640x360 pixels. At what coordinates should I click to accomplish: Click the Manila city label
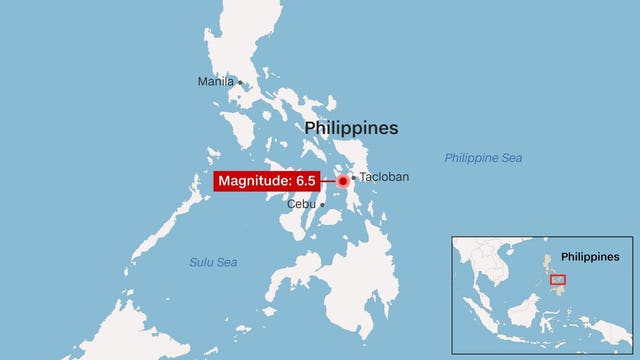[215, 81]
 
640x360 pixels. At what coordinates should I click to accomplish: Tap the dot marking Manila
[240, 82]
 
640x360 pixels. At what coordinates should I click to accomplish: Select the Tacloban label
[384, 177]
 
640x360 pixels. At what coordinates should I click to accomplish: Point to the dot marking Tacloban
[354, 178]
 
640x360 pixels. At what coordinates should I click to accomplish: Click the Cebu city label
[301, 204]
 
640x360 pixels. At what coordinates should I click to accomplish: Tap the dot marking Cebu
[322, 205]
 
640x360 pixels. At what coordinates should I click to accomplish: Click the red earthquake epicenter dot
[342, 181]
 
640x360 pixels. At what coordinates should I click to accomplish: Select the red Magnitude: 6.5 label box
[267, 181]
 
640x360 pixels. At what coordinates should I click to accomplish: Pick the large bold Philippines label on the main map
[351, 128]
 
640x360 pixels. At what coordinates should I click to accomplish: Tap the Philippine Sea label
[484, 158]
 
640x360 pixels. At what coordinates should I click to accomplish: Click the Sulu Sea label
[213, 262]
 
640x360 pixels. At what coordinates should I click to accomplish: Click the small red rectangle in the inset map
[559, 279]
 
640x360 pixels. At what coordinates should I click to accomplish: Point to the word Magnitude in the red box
[251, 181]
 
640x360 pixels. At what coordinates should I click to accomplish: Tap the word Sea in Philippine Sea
[511, 158]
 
